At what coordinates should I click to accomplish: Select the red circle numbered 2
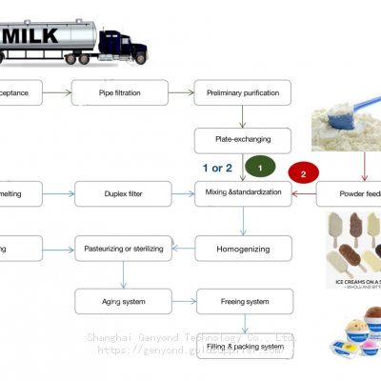click(304, 174)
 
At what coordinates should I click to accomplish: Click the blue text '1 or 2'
click(217, 168)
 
